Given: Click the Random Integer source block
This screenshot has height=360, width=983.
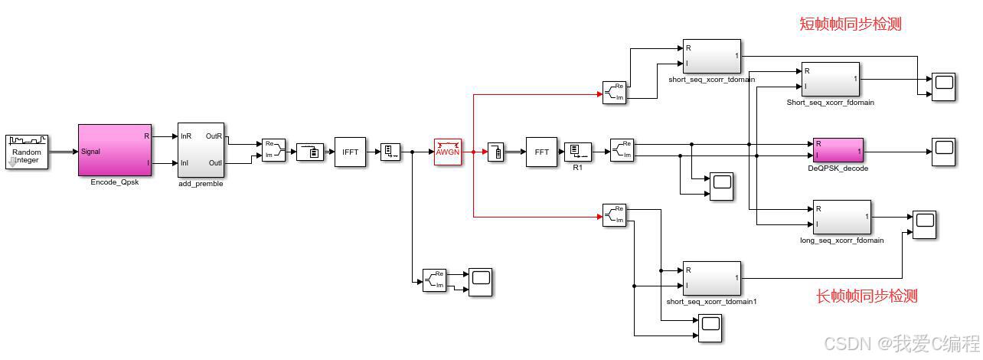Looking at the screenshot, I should point(28,152).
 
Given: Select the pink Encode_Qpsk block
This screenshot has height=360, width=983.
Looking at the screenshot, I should point(115,150).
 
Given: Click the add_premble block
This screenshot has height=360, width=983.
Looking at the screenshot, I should point(200,149).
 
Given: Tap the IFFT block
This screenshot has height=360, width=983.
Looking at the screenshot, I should point(350,152).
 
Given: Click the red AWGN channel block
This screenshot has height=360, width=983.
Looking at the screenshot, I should point(447,152).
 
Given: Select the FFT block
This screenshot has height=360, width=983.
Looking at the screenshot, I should point(541,152).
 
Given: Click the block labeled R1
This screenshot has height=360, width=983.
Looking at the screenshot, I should point(577,152).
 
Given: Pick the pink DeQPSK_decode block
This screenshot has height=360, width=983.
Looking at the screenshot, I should point(838,150).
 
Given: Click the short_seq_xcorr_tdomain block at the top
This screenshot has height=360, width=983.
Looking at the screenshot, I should point(711,57).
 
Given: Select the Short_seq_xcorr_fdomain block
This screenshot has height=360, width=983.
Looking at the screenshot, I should point(830,80).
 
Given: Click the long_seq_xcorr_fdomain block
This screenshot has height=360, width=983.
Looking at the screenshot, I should point(841,218).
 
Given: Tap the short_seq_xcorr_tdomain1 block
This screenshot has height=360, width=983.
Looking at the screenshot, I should point(711,278).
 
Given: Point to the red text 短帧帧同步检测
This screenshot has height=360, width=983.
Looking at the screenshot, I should point(850,25).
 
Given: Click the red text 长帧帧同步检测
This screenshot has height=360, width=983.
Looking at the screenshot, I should point(867,296).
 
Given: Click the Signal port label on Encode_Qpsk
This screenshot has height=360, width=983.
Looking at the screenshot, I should point(92,151).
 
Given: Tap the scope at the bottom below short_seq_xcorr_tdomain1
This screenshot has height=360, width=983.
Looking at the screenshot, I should point(710,328).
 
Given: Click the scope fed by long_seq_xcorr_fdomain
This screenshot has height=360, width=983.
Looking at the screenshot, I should point(924,224).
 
